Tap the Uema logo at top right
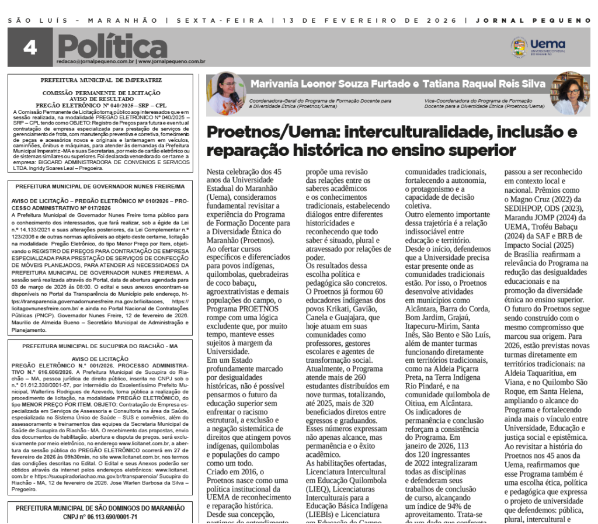(x=538, y=47)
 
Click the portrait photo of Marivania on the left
(x=226, y=93)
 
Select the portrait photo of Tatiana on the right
(x=570, y=93)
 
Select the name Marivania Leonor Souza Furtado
(x=330, y=84)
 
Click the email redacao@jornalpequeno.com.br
(x=96, y=61)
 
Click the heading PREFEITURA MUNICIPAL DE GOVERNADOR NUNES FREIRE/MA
(x=100, y=186)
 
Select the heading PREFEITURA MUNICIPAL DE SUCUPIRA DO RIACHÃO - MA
(x=100, y=346)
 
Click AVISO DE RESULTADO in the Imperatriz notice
(x=102, y=99)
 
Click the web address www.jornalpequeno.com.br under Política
(x=171, y=61)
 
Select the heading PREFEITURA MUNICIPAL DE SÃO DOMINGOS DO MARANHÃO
(x=100, y=508)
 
